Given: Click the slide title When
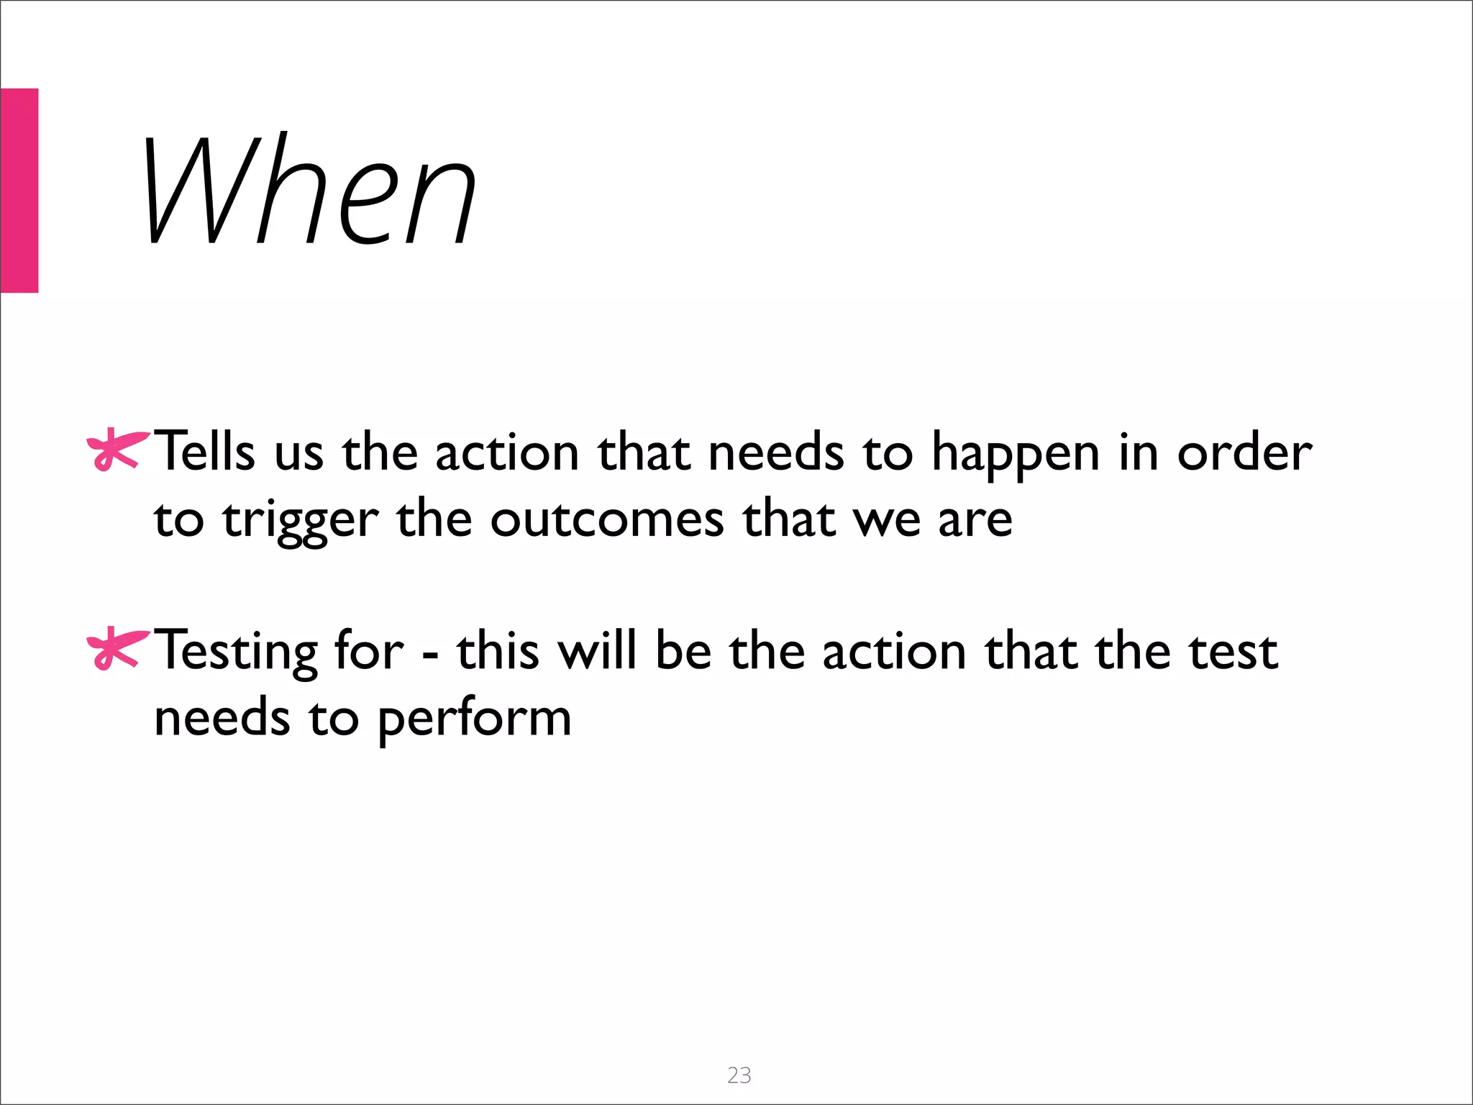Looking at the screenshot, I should tap(309, 191).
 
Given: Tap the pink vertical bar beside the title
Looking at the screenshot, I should tap(19, 191).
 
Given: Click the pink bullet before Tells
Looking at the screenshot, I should tap(117, 450).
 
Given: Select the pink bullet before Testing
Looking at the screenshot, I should tap(117, 649).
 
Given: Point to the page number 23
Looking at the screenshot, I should tap(739, 1075).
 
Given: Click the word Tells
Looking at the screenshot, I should tap(205, 452).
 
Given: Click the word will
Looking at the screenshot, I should tap(598, 650).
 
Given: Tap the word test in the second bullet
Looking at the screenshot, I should tap(1233, 652).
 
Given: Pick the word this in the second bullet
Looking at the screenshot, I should tap(498, 650).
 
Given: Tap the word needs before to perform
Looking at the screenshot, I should tap(222, 718).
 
